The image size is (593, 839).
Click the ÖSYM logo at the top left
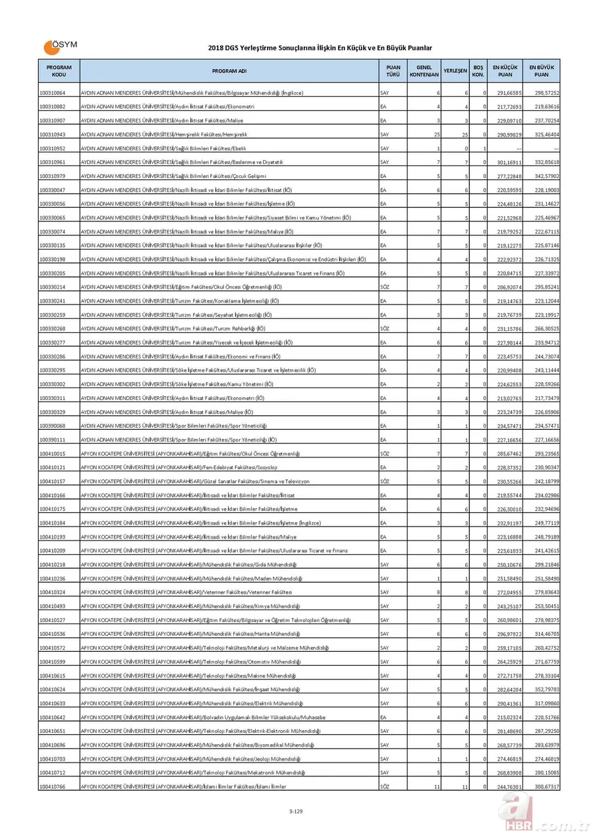(60, 47)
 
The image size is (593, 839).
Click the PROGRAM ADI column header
(229, 71)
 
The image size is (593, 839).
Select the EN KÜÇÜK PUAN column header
(505, 71)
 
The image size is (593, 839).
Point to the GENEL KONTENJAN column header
(424, 71)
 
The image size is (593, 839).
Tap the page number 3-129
(295, 811)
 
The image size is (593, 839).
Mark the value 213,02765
(508, 398)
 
